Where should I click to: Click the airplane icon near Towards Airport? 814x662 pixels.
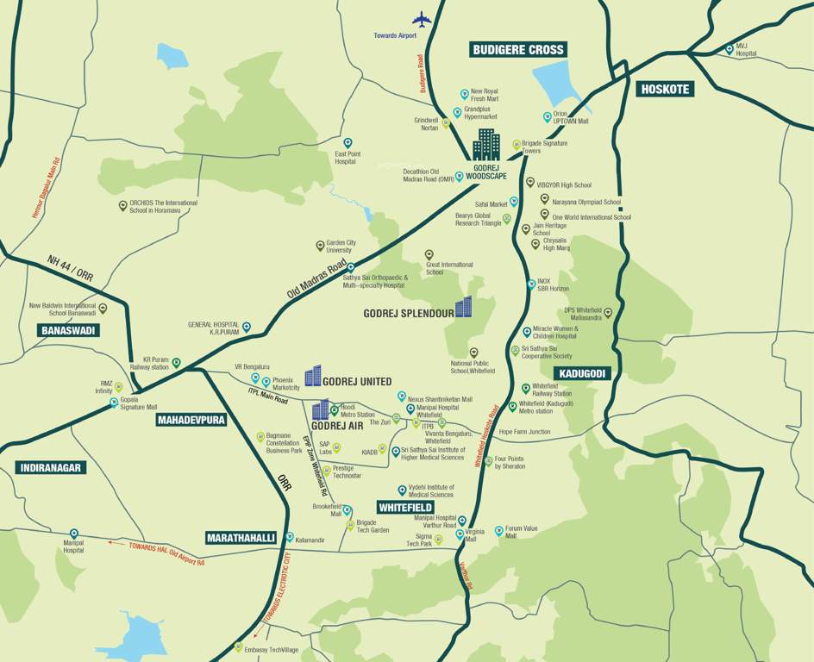coord(423,19)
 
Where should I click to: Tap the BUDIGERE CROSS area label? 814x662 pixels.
coord(517,50)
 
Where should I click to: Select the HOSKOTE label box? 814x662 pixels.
coord(665,89)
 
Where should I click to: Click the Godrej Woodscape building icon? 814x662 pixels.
coord(485,145)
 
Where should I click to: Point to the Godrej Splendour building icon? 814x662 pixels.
coord(464,307)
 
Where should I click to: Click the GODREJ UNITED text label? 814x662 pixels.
coord(357,382)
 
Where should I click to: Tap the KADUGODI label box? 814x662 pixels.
coord(582,373)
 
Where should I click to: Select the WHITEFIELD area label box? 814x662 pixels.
coord(404,508)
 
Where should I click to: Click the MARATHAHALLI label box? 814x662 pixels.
coord(241,538)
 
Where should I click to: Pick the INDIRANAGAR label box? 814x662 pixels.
coord(51,468)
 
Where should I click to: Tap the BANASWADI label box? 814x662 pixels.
coord(69,330)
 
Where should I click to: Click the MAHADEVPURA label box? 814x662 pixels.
coord(191,421)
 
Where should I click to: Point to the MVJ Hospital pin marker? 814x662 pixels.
coord(729,49)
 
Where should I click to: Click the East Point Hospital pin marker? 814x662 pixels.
coord(348,143)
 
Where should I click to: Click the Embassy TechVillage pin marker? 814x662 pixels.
coord(239,646)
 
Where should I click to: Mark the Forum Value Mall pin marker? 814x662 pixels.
coord(498,531)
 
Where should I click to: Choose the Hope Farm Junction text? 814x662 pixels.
coord(524,432)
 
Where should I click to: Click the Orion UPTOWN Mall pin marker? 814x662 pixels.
coord(547,117)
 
